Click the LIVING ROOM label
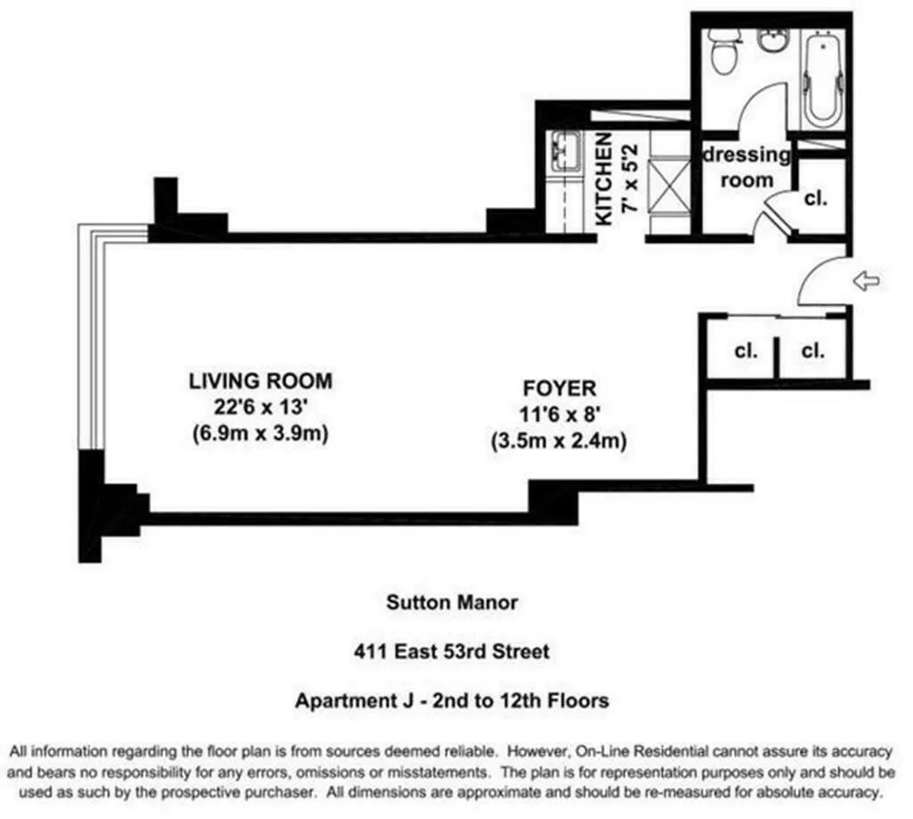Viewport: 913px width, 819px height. (x=259, y=381)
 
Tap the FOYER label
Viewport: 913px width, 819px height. (x=558, y=389)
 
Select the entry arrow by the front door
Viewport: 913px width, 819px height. (x=866, y=282)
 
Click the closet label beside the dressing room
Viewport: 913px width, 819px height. (x=815, y=198)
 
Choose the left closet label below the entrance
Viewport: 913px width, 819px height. (x=745, y=351)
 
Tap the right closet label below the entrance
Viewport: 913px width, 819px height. (x=812, y=351)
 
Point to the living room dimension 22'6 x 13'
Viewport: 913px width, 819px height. (x=259, y=409)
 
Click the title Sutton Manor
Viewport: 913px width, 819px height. (x=451, y=602)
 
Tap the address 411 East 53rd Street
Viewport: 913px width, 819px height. (x=451, y=651)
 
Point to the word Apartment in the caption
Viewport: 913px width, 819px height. (x=339, y=700)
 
